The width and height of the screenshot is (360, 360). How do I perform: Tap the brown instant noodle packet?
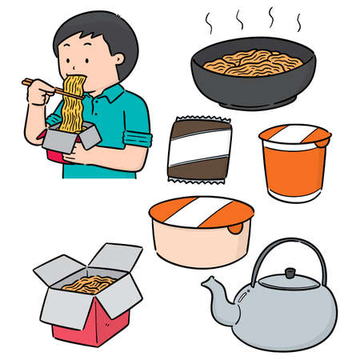[200, 148]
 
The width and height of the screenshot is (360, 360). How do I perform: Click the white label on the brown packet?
[201, 149]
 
